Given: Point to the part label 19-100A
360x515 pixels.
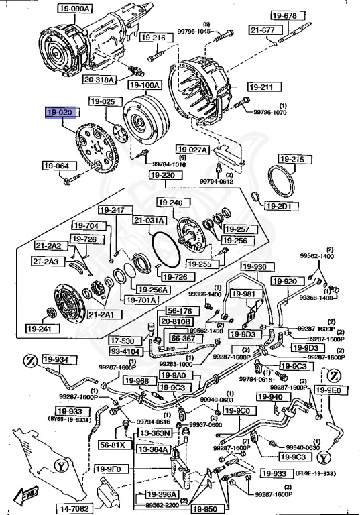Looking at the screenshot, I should click(x=144, y=87).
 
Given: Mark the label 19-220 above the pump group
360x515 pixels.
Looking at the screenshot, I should click(x=162, y=176).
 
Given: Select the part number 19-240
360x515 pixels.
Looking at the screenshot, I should click(x=171, y=203).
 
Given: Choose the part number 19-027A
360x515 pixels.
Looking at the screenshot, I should click(x=192, y=149).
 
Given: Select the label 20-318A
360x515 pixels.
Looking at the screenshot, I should click(x=100, y=79).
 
